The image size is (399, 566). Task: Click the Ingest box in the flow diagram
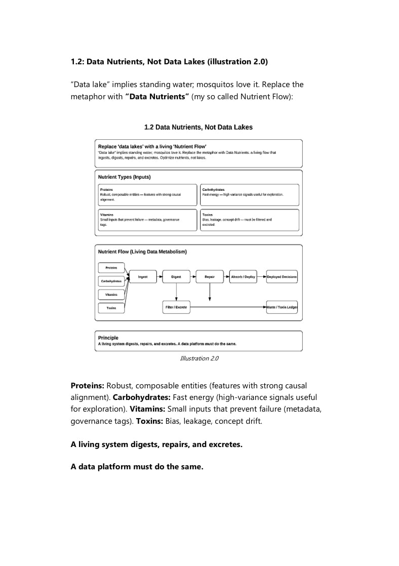tap(143, 277)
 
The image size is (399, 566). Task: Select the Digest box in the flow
tap(176, 277)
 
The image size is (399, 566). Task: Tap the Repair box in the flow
tap(210, 277)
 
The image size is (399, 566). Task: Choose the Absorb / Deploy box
tap(243, 277)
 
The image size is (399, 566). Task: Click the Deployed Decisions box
tap(282, 277)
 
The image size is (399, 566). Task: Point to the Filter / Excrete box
tap(176, 307)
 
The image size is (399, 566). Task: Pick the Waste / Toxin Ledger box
tap(282, 307)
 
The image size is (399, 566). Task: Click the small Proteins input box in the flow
tap(111, 267)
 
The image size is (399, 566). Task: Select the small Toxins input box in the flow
tap(111, 307)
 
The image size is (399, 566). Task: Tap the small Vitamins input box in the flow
tap(111, 294)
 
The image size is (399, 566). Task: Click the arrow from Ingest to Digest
tap(159, 277)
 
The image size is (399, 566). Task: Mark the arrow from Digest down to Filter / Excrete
tap(176, 292)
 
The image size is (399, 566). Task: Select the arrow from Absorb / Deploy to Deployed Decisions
tap(261, 277)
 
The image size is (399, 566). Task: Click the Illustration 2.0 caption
tap(199, 358)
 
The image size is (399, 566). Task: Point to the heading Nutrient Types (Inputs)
tap(124, 177)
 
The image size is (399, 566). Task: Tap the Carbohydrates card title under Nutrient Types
tap(213, 189)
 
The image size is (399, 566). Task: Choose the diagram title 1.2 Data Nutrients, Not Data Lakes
tap(198, 127)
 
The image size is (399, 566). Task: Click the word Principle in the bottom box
tap(108, 338)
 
